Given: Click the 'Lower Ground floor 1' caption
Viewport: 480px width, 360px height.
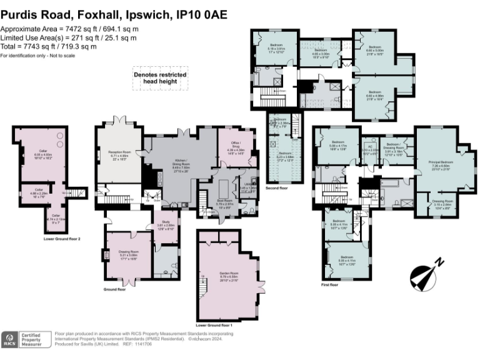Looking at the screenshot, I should (x=214, y=326).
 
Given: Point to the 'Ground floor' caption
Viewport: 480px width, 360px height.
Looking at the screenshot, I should (x=113, y=289).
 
